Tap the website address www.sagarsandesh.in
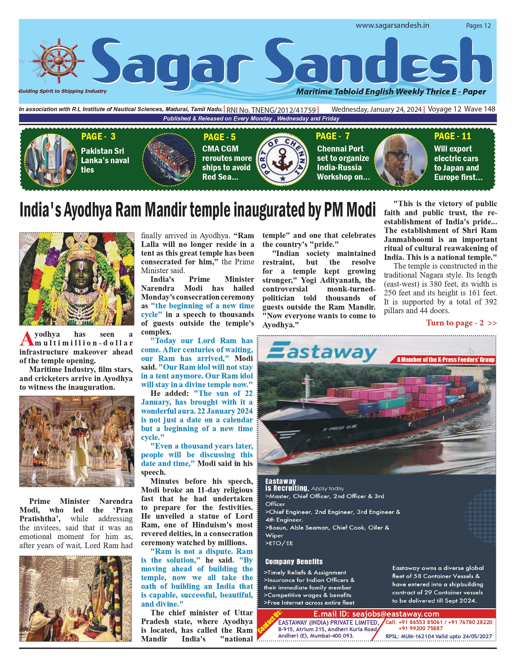[x=392, y=26]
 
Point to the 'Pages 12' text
[x=478, y=26]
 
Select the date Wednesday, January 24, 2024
[x=376, y=109]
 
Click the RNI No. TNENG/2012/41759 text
[x=271, y=110]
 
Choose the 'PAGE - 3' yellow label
[x=98, y=136]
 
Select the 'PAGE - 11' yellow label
[x=452, y=136]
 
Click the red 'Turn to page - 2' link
[x=461, y=323]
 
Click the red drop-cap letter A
[x=27, y=338]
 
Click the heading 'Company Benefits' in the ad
[x=294, y=562]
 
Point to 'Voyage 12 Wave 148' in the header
[x=461, y=109]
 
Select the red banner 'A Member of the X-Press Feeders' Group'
[x=445, y=360]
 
